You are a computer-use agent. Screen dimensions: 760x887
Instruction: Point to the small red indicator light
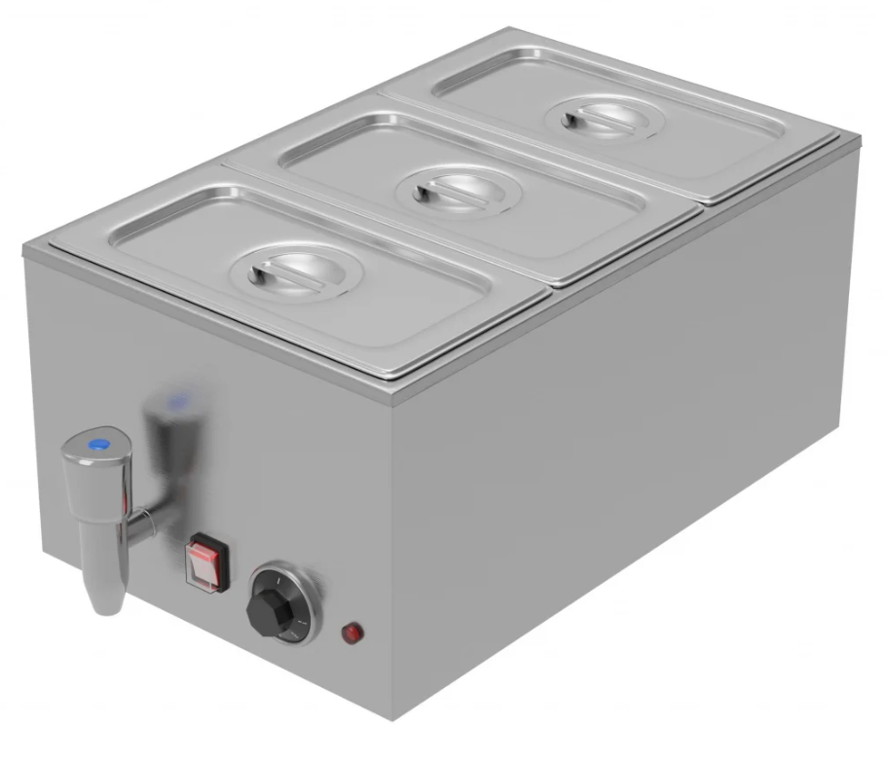click(350, 634)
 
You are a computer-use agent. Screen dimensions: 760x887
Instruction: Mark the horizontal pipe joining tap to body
click(141, 526)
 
